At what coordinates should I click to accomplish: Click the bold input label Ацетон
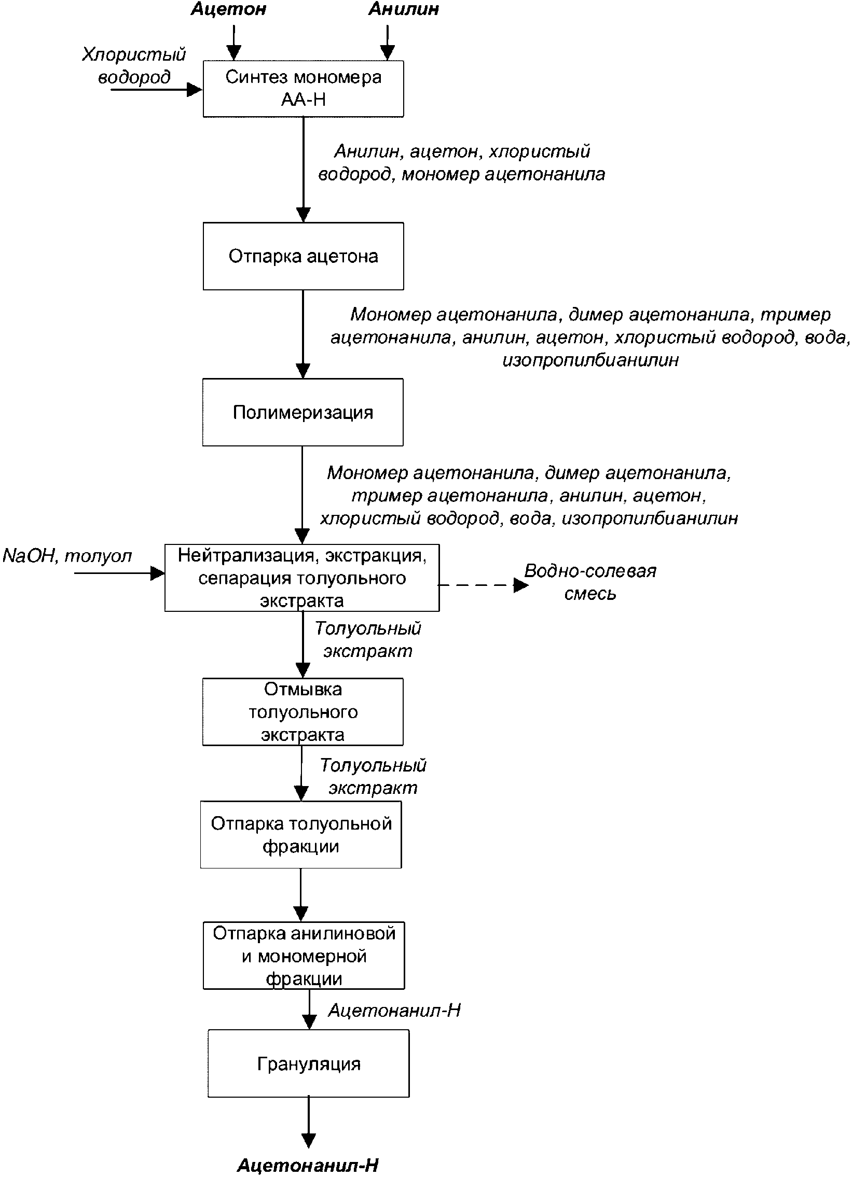tap(228, 9)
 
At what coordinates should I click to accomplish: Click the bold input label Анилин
tap(403, 9)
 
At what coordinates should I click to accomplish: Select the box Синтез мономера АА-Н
tap(303, 89)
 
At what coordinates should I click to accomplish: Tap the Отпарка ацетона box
tap(303, 256)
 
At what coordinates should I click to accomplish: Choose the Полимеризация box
tap(303, 412)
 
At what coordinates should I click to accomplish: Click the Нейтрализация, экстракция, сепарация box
tap(301, 578)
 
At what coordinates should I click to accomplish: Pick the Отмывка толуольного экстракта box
tap(303, 711)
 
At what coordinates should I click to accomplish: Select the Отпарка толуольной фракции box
tap(301, 834)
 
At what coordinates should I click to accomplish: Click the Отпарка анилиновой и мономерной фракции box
tap(304, 956)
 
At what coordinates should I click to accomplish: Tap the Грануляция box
tap(308, 1063)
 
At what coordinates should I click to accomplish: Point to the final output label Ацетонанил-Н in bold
tap(308, 1166)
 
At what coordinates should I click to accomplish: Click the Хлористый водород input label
tap(134, 65)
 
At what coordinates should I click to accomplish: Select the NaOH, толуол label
tap(67, 556)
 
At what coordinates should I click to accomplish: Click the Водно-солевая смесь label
tap(590, 582)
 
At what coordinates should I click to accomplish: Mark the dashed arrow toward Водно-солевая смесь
tap(483, 585)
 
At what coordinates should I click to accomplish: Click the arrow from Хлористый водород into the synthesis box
tap(156, 90)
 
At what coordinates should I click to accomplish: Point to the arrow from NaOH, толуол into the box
tap(119, 573)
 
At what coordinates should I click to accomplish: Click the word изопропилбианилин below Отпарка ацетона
tap(590, 360)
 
